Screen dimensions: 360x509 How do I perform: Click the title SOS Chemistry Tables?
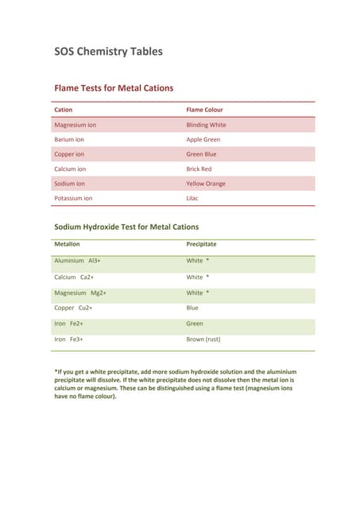108,52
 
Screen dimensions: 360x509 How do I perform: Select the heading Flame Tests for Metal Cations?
113,88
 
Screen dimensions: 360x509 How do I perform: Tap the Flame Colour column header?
204,110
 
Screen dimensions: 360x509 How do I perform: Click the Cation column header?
63,110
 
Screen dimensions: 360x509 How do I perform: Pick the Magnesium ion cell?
75,125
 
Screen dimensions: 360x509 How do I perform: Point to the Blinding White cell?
206,125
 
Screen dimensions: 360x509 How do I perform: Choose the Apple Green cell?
203,139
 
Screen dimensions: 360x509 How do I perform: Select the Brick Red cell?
199,169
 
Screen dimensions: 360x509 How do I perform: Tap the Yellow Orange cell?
206,184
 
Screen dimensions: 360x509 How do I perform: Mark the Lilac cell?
193,198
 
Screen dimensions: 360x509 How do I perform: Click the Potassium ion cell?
73,198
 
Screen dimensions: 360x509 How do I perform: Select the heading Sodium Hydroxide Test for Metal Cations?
126,227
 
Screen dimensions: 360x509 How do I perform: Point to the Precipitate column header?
201,244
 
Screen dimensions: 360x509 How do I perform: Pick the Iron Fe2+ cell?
68,324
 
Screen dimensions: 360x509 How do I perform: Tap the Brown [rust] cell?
203,339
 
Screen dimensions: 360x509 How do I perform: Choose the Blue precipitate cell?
192,307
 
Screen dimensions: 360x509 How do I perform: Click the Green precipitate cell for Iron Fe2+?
195,324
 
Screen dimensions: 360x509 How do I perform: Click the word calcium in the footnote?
67,388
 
